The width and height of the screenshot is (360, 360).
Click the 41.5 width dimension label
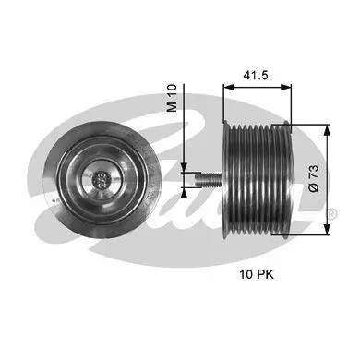click(256, 75)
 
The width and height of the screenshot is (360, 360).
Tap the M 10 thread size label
click(172, 98)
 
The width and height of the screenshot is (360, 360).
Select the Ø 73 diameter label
click(314, 178)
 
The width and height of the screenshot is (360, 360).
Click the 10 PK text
click(257, 274)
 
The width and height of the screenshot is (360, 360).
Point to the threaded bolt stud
click(209, 180)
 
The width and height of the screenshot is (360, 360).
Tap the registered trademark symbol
click(332, 213)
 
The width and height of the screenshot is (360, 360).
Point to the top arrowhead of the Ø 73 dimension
click(327, 130)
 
